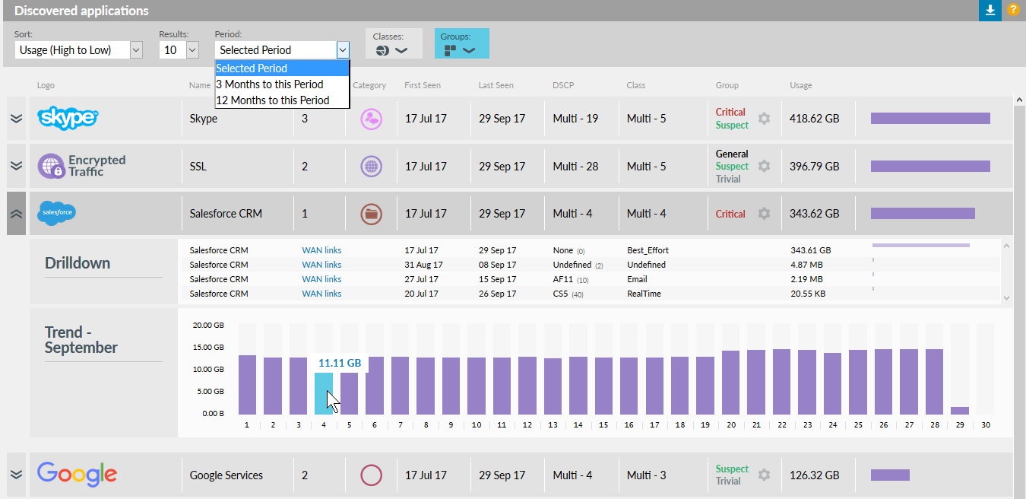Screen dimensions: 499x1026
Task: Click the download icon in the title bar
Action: (x=990, y=10)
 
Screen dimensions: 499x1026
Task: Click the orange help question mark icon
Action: (x=1013, y=10)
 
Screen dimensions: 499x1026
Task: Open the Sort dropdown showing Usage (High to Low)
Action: (x=78, y=50)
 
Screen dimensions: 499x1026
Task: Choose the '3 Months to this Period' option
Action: (x=270, y=84)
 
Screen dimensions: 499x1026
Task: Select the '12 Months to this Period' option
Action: (x=273, y=100)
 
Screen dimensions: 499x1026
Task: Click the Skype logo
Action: (x=68, y=119)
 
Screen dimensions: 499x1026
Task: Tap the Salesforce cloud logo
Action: (x=56, y=213)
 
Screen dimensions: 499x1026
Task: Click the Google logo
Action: (x=78, y=475)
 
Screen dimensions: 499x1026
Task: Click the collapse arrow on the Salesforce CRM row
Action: (x=16, y=214)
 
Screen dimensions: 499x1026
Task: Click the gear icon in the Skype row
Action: (x=764, y=119)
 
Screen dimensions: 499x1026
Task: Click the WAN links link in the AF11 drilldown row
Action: (x=321, y=279)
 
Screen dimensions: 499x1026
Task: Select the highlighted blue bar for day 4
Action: (x=324, y=393)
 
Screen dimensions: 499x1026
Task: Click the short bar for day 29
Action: (x=960, y=410)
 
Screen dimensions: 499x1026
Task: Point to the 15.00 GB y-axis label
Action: (x=208, y=347)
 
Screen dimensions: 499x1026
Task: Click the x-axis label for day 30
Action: (x=986, y=425)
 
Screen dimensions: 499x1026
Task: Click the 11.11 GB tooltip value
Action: (x=340, y=364)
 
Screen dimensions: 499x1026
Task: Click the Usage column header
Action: (x=800, y=85)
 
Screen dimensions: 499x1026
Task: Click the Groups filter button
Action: (x=461, y=44)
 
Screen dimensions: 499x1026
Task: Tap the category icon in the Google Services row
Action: (x=371, y=475)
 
